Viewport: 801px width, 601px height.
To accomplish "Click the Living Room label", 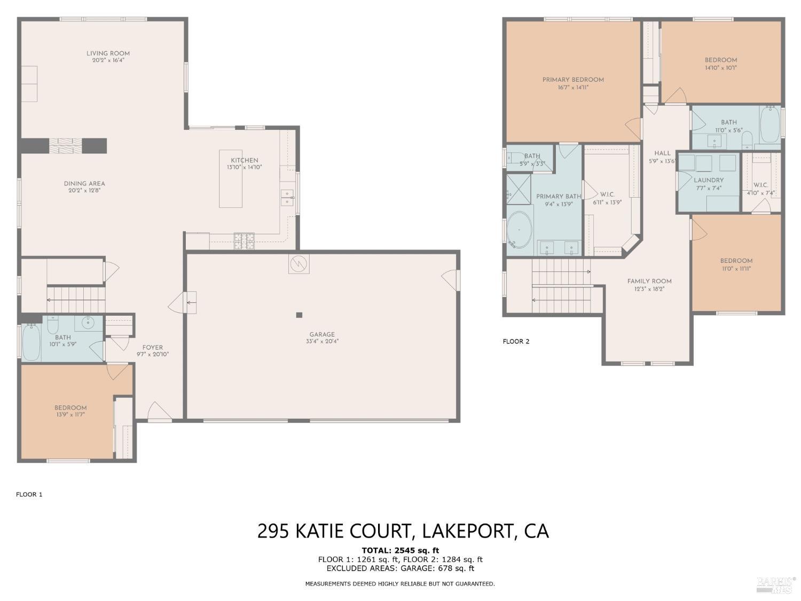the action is click(108, 53).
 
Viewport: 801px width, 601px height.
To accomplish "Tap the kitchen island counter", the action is click(231, 178).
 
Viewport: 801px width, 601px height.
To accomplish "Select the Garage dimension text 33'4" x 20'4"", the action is click(322, 341).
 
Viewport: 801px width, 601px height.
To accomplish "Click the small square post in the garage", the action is click(299, 315).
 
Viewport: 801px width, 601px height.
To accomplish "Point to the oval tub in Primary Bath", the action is click(519, 230).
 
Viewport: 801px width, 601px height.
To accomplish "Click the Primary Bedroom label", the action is click(573, 80).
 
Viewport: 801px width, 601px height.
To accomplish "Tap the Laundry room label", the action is click(709, 180).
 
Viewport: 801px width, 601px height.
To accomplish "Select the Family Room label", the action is click(649, 282).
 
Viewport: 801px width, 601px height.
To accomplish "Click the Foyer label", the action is click(153, 347).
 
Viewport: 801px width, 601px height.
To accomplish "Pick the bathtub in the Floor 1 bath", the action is click(31, 342).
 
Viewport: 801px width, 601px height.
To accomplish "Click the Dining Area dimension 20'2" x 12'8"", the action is click(84, 191).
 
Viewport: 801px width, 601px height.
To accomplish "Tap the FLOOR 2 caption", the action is click(516, 341).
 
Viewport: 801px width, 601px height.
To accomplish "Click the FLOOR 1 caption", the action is click(29, 495).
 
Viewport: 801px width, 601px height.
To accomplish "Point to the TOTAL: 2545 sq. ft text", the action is click(400, 550).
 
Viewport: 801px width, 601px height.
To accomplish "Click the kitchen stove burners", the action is click(244, 241).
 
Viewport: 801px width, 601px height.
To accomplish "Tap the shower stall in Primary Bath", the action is click(519, 189).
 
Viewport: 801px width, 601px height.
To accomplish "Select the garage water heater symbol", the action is click(299, 263).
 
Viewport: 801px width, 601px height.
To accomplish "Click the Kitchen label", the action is click(245, 161).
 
